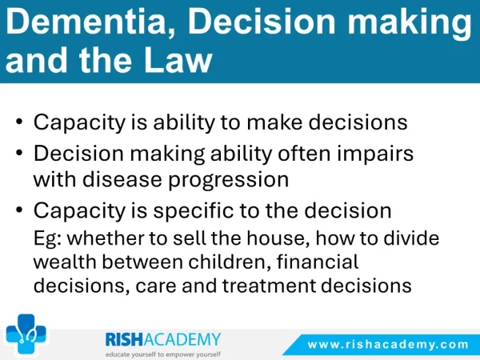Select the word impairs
[x=375, y=153]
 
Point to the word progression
[x=229, y=180]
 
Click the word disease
[x=122, y=179]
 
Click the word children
[x=230, y=262]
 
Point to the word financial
[x=318, y=262]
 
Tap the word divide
[x=411, y=238]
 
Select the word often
[x=304, y=153]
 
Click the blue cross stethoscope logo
[x=26, y=334]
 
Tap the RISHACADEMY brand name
[x=163, y=339]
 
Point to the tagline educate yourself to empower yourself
[x=163, y=354]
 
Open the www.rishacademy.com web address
[x=388, y=345]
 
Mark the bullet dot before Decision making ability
[x=19, y=152]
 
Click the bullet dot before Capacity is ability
[x=19, y=122]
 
